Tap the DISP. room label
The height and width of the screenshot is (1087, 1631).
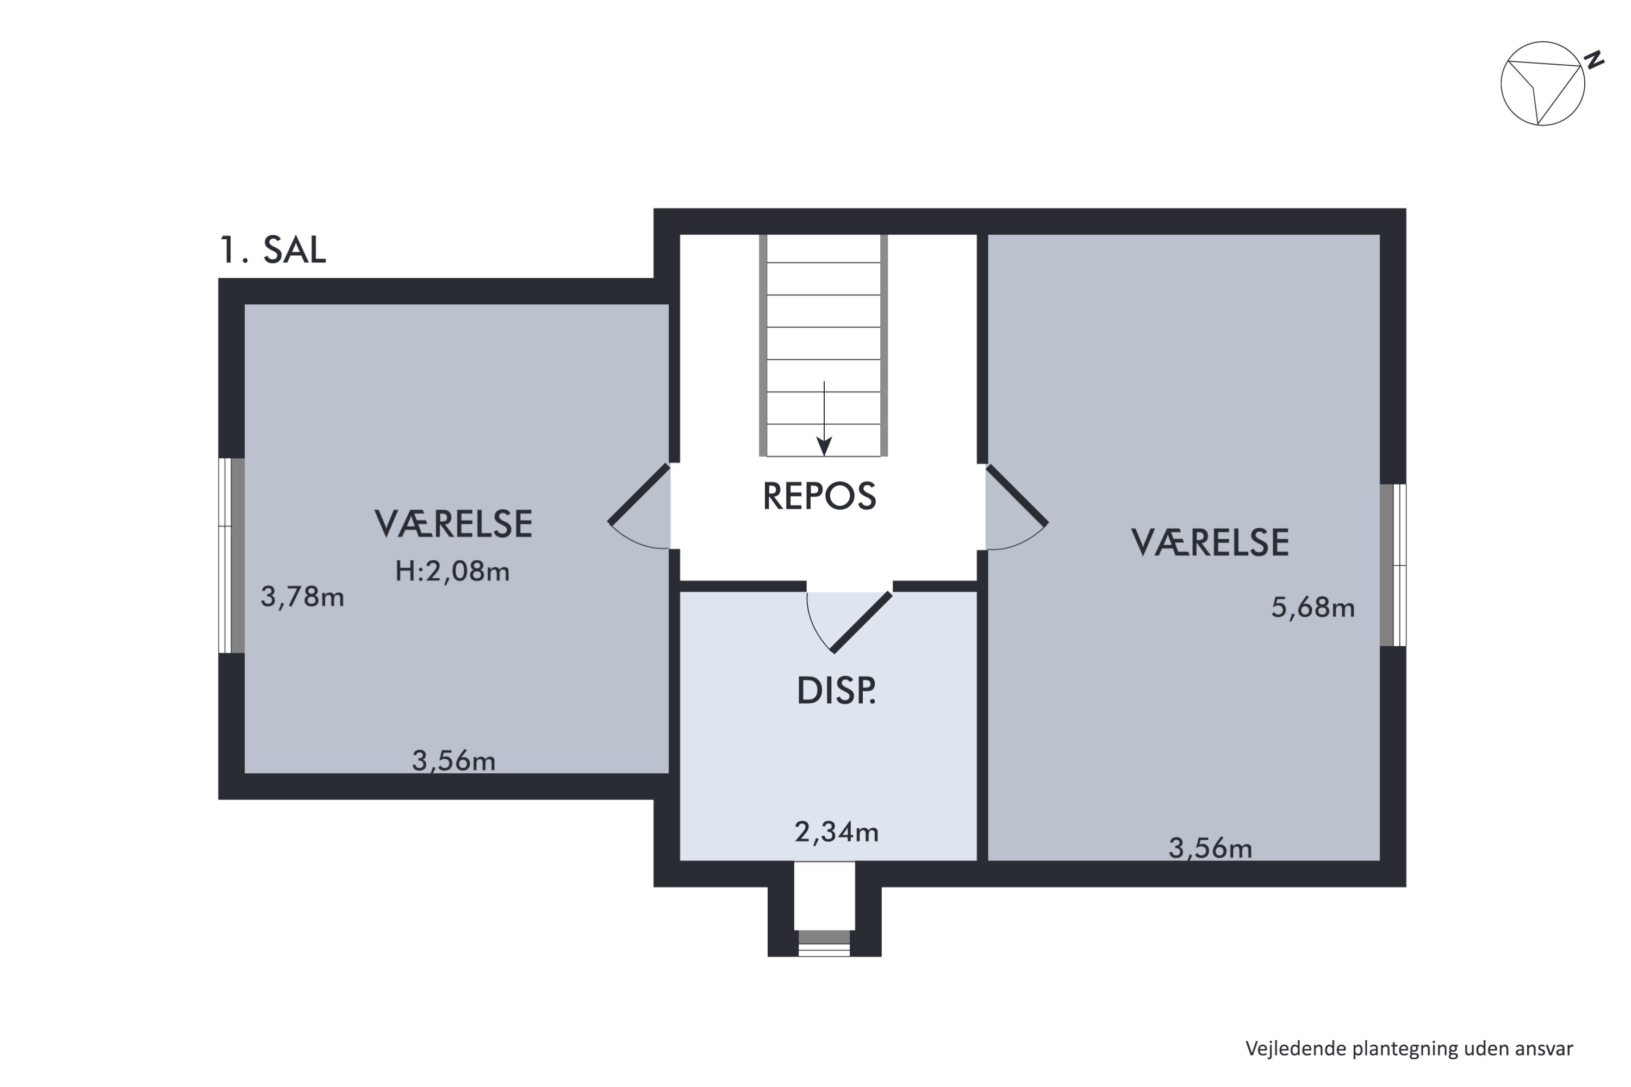coord(836,691)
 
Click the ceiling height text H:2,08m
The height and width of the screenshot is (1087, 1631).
coord(452,572)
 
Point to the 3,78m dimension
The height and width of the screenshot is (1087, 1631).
coord(302,597)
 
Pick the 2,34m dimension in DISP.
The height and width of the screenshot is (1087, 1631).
coord(836,832)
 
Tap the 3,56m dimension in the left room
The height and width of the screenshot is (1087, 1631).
coord(453,761)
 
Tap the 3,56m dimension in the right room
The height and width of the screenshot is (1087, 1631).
coord(1210,848)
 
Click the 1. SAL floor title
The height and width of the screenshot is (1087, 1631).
coord(272,250)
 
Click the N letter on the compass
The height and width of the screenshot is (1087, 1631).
coord(1595,60)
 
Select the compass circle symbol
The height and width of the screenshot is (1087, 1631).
coord(1542,84)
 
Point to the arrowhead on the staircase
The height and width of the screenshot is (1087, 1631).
coord(824,447)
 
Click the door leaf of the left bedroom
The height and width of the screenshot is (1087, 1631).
coord(639,493)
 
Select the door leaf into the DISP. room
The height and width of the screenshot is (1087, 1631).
coord(862,622)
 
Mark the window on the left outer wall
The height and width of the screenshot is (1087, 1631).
coord(232,555)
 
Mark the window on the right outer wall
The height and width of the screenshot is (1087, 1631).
coord(1392,565)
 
